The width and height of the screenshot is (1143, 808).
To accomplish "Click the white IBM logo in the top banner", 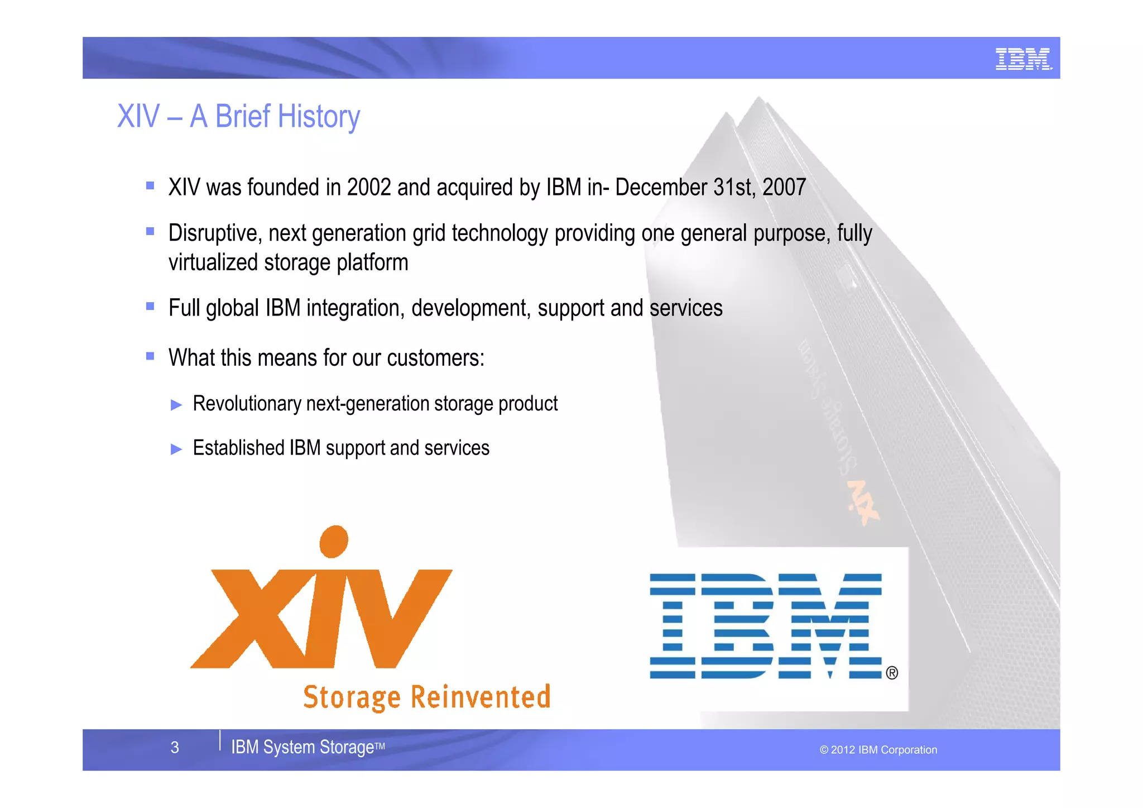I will [x=1023, y=59].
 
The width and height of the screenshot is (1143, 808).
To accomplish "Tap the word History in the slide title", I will [x=319, y=117].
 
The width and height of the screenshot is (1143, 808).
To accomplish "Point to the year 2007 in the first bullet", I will [x=784, y=188].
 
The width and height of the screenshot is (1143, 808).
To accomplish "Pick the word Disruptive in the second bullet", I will [x=215, y=233].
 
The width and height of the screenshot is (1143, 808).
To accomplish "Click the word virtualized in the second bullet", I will [x=213, y=262].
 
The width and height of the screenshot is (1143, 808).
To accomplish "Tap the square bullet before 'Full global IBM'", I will [x=150, y=306].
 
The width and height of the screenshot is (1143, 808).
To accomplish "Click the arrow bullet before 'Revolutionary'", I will [x=176, y=405].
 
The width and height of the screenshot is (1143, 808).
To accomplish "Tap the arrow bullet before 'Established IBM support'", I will [x=176, y=449].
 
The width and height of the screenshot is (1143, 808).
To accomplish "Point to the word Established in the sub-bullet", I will [x=239, y=448].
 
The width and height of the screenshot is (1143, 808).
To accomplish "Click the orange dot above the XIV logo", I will [x=334, y=541].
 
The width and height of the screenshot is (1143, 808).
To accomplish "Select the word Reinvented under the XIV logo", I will [x=481, y=697].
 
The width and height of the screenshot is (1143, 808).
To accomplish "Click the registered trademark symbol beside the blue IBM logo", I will [x=892, y=673].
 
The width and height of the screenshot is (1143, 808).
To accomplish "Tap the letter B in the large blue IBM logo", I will [x=738, y=625].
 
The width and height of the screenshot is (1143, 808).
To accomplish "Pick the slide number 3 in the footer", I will [x=175, y=748].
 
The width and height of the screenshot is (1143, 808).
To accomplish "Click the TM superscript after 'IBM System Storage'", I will [x=380, y=745].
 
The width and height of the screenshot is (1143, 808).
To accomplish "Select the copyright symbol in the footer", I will [x=824, y=750].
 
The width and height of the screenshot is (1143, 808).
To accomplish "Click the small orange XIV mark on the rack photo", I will [x=863, y=503].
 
